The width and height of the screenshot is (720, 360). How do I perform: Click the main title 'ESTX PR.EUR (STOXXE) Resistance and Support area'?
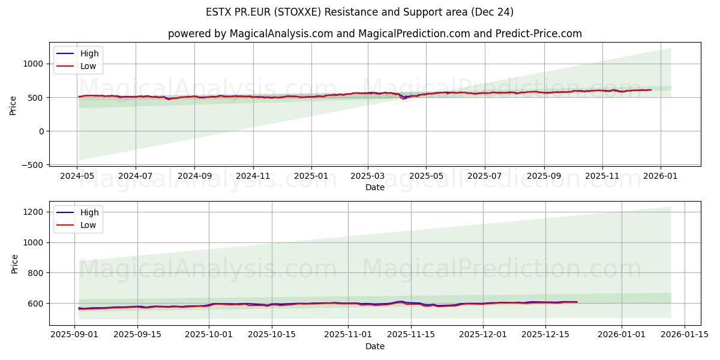click(x=359, y=12)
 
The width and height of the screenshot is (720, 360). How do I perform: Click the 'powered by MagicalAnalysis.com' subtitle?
click(x=374, y=34)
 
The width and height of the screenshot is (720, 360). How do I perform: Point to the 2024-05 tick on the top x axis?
click(x=77, y=177)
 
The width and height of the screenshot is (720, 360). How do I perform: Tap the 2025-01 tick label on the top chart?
click(x=311, y=177)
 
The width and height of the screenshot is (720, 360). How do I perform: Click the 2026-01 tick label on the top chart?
click(x=661, y=177)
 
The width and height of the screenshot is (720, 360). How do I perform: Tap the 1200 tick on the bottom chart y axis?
click(x=34, y=212)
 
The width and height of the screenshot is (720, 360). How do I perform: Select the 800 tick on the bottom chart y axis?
click(x=37, y=273)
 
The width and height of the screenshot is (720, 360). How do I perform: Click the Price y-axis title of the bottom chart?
click(x=14, y=263)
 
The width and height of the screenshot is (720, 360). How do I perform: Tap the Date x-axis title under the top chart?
click(x=374, y=188)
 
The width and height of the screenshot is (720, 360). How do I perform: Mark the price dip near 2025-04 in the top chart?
click(x=403, y=98)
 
